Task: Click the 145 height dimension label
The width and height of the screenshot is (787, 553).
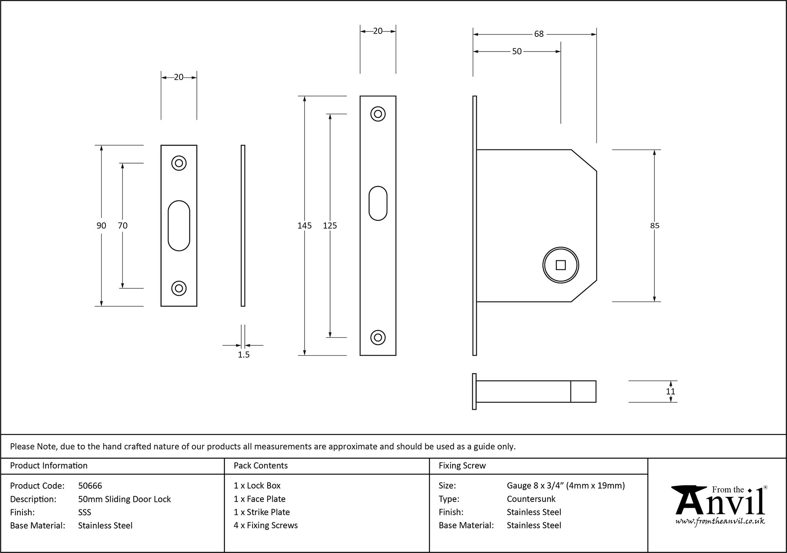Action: pyautogui.click(x=304, y=225)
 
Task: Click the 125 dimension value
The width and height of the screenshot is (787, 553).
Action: pyautogui.click(x=330, y=225)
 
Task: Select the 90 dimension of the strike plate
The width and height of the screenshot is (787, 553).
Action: pyautogui.click(x=101, y=225)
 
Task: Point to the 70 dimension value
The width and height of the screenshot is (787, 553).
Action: pyautogui.click(x=122, y=225)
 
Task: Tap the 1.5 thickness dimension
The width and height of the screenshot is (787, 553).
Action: pyautogui.click(x=244, y=355)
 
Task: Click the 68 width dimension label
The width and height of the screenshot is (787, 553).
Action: pyautogui.click(x=539, y=34)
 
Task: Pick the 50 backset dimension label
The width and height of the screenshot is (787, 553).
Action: pyautogui.click(x=517, y=52)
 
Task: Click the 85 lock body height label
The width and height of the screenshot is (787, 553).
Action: pyautogui.click(x=654, y=225)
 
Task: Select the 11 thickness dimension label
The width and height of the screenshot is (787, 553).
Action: pyautogui.click(x=671, y=391)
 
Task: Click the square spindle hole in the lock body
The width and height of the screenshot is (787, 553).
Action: pyautogui.click(x=560, y=265)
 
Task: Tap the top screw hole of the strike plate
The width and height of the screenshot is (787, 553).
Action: pyautogui.click(x=179, y=163)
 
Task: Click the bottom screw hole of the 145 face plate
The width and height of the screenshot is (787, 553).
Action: pyautogui.click(x=378, y=337)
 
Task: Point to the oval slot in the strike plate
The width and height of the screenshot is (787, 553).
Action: pyautogui.click(x=179, y=225)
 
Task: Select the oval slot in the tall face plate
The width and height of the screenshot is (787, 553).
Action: pyautogui.click(x=378, y=203)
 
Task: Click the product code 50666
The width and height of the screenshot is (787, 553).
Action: pyautogui.click(x=90, y=486)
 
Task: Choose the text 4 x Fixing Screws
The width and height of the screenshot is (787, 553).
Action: pyautogui.click(x=266, y=525)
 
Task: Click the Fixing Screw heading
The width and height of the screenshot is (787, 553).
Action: pyautogui.click(x=462, y=466)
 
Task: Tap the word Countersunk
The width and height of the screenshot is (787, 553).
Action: pyautogui.click(x=531, y=499)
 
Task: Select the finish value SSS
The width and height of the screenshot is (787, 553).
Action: pyautogui.click(x=84, y=512)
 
